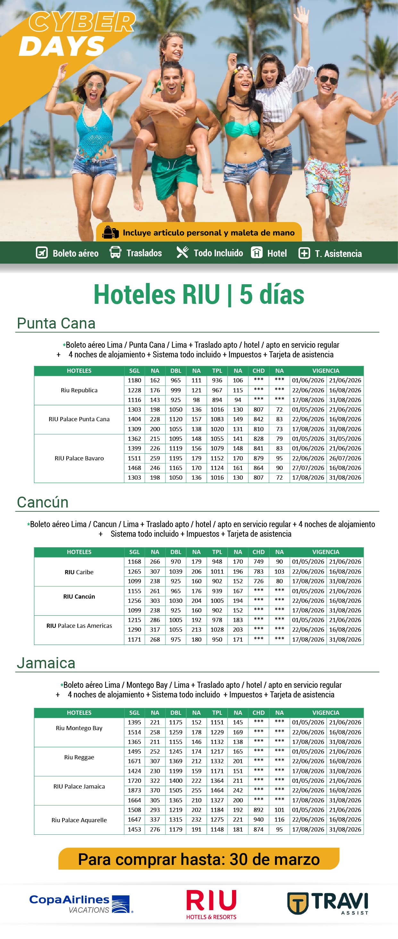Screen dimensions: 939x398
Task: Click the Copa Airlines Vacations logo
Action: [81, 904]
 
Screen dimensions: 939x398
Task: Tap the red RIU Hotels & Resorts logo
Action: [211, 904]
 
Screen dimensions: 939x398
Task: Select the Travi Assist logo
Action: [328, 903]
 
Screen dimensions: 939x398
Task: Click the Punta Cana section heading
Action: [56, 323]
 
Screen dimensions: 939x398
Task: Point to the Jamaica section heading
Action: [46, 663]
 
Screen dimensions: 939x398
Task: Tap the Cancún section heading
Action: [43, 502]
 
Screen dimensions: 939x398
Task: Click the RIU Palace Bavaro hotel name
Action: [79, 458]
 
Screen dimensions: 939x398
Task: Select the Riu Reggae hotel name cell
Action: [79, 757]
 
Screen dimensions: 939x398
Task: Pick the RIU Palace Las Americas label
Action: [79, 626]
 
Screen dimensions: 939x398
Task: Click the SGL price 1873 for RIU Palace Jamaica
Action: [134, 790]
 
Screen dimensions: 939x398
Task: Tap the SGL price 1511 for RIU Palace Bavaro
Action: [134, 458]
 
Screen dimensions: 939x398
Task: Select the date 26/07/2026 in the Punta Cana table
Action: [345, 458]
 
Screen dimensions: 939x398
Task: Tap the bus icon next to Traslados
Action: [115, 252]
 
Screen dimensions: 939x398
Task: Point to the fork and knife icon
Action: [182, 252]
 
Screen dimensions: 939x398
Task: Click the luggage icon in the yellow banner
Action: [110, 233]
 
